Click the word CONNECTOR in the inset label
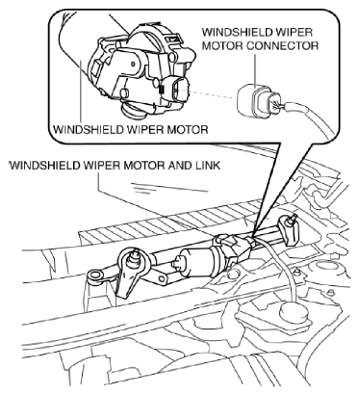(282, 45)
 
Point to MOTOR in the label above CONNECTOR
(222, 45)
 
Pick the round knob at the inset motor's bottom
(133, 111)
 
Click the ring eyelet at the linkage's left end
(95, 276)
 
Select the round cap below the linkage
(293, 312)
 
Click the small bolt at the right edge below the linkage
(330, 292)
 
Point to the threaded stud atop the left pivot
(133, 257)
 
